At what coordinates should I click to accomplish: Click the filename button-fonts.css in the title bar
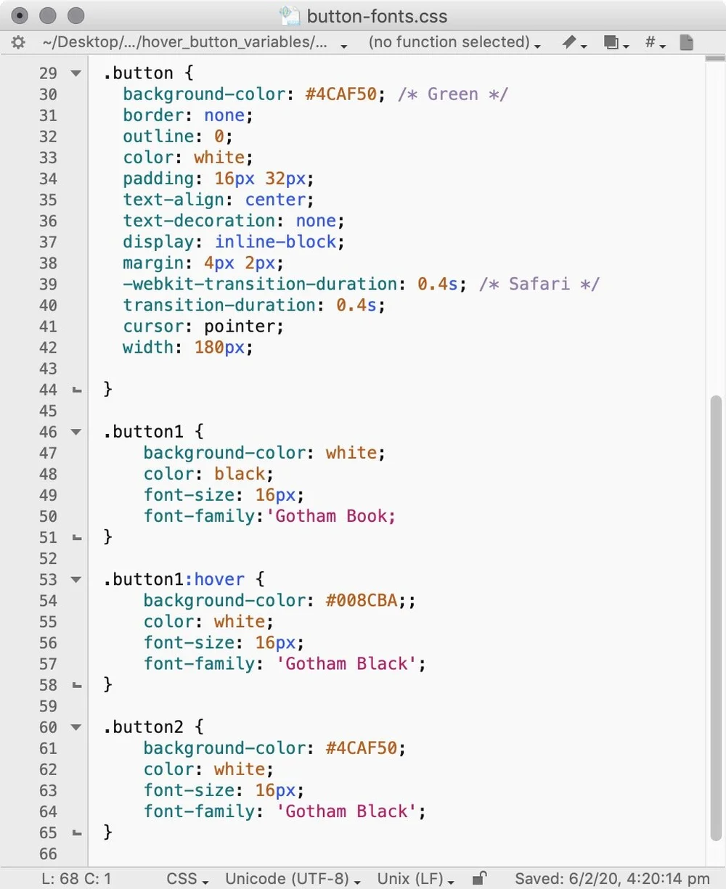pyautogui.click(x=377, y=16)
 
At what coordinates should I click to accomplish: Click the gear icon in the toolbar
pyautogui.click(x=18, y=43)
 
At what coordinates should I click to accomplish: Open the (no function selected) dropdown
pyautogui.click(x=454, y=43)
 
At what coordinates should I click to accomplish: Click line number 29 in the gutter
pyautogui.click(x=48, y=73)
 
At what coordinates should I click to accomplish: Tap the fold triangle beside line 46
pyautogui.click(x=76, y=433)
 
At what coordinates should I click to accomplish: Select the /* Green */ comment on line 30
pyautogui.click(x=452, y=94)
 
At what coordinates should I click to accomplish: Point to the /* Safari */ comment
pyautogui.click(x=539, y=284)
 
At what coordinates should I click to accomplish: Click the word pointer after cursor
pyautogui.click(x=243, y=327)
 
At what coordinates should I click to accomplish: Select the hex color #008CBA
pyautogui.click(x=362, y=601)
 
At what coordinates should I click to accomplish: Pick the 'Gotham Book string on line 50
pyautogui.click(x=335, y=517)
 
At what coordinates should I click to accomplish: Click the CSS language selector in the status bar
pyautogui.click(x=187, y=879)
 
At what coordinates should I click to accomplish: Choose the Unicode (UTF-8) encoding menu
pyautogui.click(x=292, y=879)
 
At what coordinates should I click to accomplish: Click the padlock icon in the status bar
pyautogui.click(x=479, y=878)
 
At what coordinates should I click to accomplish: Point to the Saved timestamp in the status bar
pyautogui.click(x=612, y=879)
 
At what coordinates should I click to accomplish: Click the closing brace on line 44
pyautogui.click(x=107, y=390)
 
